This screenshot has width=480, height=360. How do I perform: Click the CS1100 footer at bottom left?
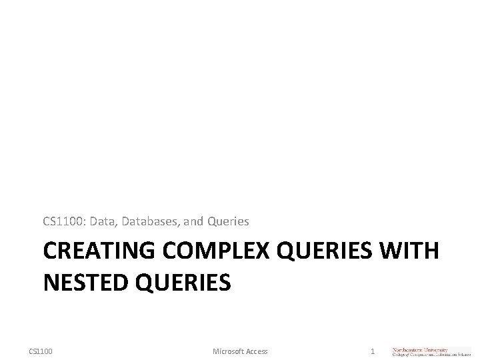[x=41, y=351]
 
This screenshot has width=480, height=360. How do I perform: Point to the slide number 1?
[x=373, y=351]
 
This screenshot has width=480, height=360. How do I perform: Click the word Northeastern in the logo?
[x=413, y=349]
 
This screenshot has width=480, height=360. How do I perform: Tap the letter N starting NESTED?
[x=50, y=283]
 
